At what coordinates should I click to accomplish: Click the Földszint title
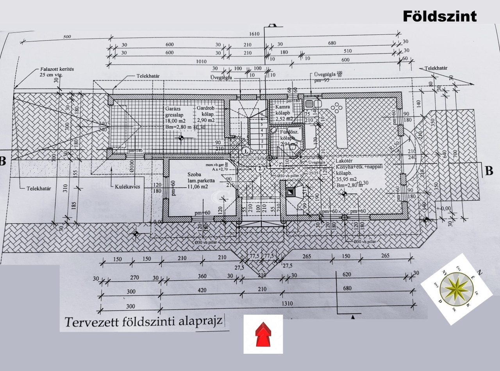coord(439,16)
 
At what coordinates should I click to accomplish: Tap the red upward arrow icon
coord(263,334)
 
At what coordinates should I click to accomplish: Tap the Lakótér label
coord(347,161)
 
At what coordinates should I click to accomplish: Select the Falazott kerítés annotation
coord(57,69)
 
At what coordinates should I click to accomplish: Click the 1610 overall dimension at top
coord(254,34)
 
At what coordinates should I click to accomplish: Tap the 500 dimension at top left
coord(67,37)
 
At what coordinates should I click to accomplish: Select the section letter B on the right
coord(488,171)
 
